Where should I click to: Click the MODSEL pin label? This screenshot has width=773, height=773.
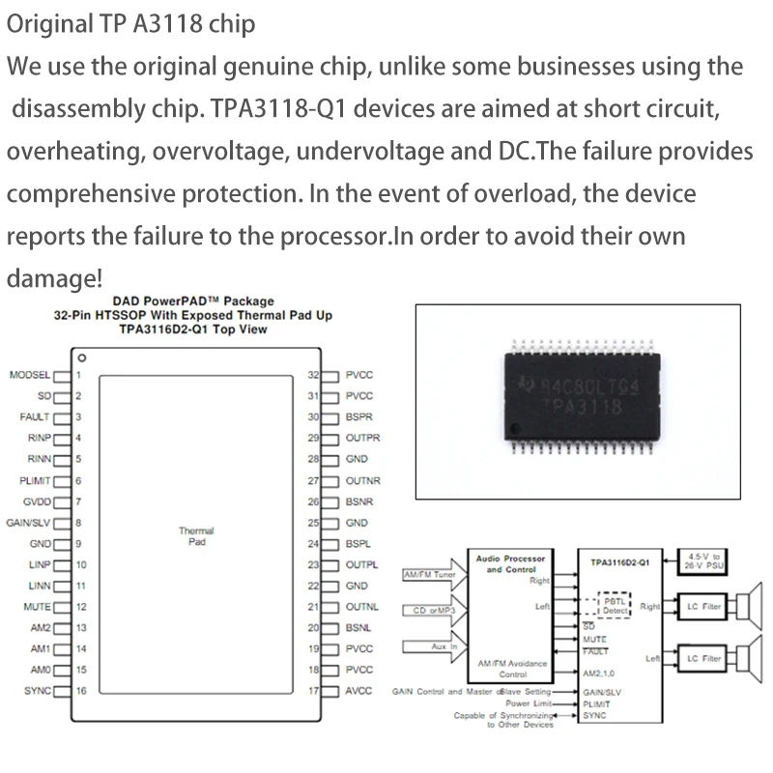29,375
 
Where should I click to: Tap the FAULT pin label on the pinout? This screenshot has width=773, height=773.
34,417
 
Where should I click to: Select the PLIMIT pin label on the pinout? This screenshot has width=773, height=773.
34,480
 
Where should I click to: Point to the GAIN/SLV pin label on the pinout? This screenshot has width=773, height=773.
29,523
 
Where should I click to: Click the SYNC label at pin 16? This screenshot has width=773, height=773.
37,691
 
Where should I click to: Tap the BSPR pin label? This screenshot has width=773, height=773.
358,417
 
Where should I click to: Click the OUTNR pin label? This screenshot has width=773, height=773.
362,480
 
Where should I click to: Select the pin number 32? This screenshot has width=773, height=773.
313,375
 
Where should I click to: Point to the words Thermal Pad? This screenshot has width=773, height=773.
196,536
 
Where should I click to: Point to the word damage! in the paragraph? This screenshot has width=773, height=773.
54,278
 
